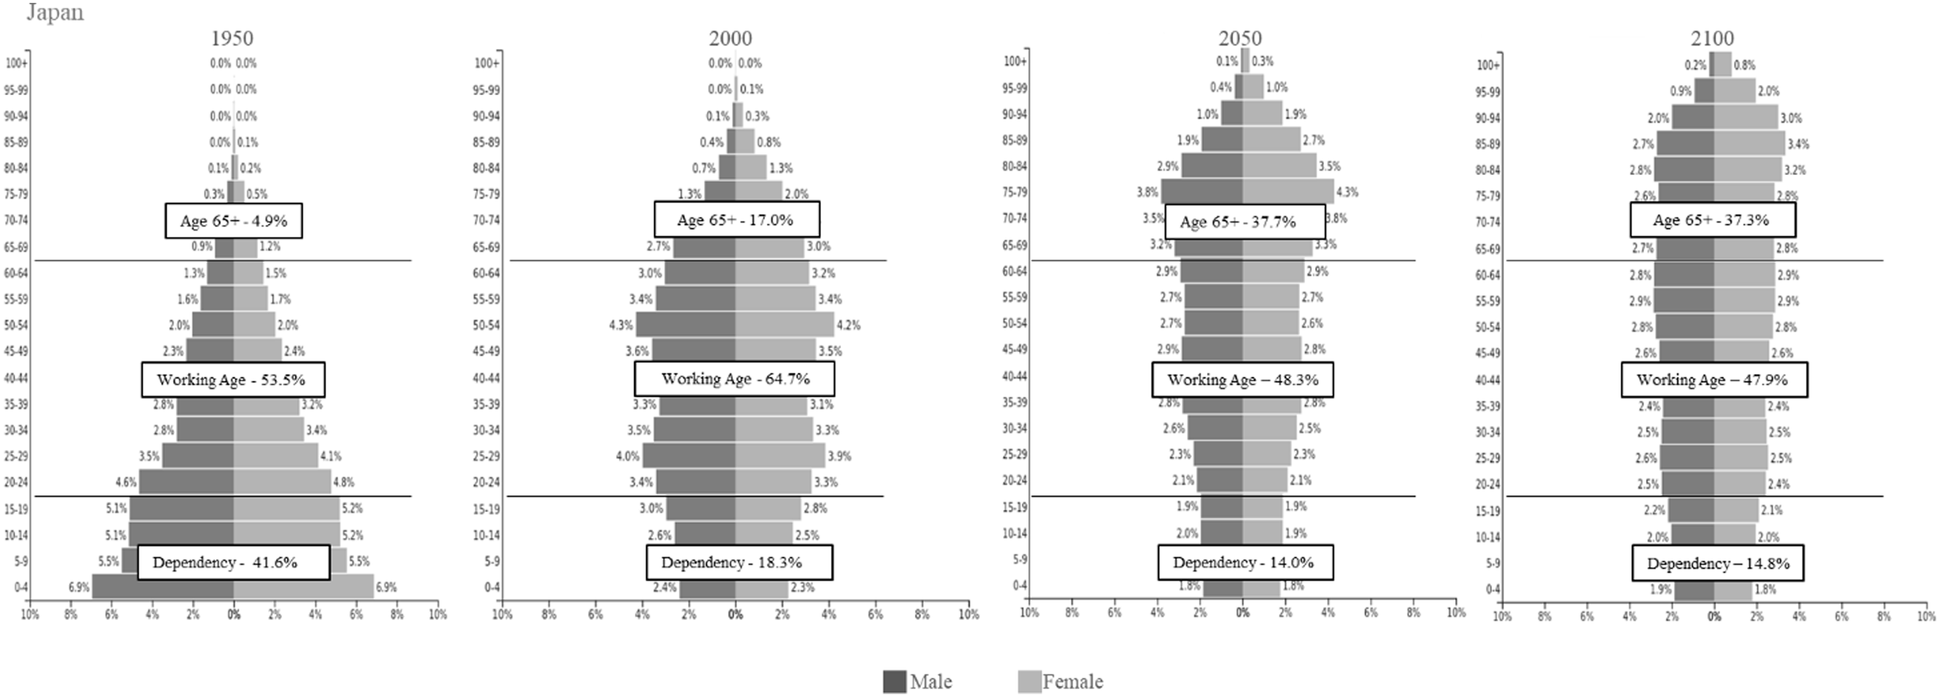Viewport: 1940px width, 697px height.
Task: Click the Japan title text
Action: pos(55,13)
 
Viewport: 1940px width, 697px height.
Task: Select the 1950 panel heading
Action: pos(231,38)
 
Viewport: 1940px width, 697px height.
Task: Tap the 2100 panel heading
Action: pos(1712,38)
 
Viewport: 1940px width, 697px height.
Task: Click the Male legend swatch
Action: pos(895,681)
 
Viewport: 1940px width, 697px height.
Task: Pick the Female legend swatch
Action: pos(1028,681)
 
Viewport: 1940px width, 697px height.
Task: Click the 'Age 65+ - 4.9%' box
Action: pos(233,221)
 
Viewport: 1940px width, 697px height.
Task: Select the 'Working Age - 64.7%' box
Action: pos(734,378)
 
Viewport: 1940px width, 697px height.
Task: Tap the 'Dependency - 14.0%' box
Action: pos(1245,562)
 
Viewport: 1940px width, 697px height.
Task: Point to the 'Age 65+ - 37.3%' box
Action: pos(1712,221)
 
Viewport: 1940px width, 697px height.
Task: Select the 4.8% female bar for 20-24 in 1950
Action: pos(282,481)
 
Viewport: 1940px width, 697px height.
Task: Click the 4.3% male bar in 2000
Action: pos(686,325)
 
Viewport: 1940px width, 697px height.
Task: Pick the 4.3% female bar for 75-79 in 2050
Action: pos(1288,191)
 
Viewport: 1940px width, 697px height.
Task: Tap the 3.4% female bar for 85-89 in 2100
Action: pos(1749,143)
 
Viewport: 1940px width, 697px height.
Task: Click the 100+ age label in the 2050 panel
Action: pos(1015,61)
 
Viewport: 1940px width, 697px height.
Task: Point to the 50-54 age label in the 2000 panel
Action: pos(486,325)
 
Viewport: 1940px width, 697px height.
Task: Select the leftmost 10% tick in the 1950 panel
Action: pos(30,614)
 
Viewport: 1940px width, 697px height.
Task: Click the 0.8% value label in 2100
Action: pos(1744,65)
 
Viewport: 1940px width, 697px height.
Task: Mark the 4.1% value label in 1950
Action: pos(330,456)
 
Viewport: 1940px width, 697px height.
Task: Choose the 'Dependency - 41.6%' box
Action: pos(233,562)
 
